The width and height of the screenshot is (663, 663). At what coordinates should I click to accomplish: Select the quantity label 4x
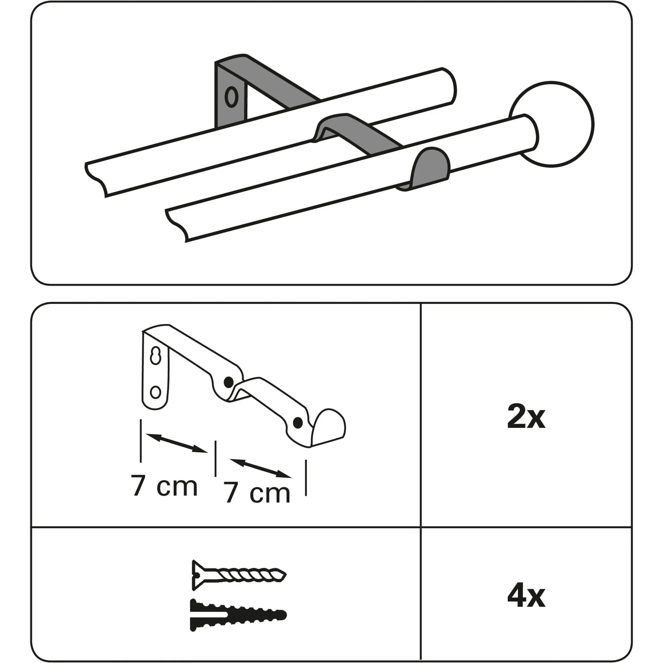(x=526, y=597)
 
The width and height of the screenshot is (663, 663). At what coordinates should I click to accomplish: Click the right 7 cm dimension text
(x=258, y=493)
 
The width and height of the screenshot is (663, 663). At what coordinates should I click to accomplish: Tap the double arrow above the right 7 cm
(x=261, y=468)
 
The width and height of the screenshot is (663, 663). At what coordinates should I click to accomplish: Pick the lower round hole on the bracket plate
(x=156, y=392)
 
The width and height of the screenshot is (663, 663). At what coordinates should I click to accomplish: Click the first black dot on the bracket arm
(x=228, y=382)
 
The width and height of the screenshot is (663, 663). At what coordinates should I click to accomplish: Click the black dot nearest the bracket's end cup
(x=298, y=422)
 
